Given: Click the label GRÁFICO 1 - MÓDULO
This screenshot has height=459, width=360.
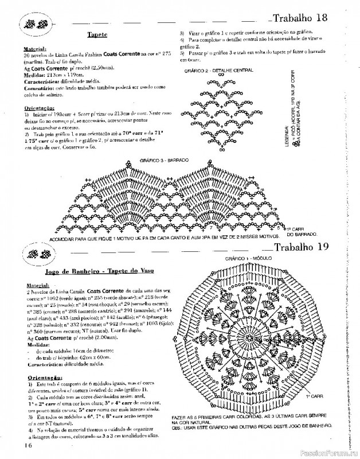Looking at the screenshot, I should point(248,259).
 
